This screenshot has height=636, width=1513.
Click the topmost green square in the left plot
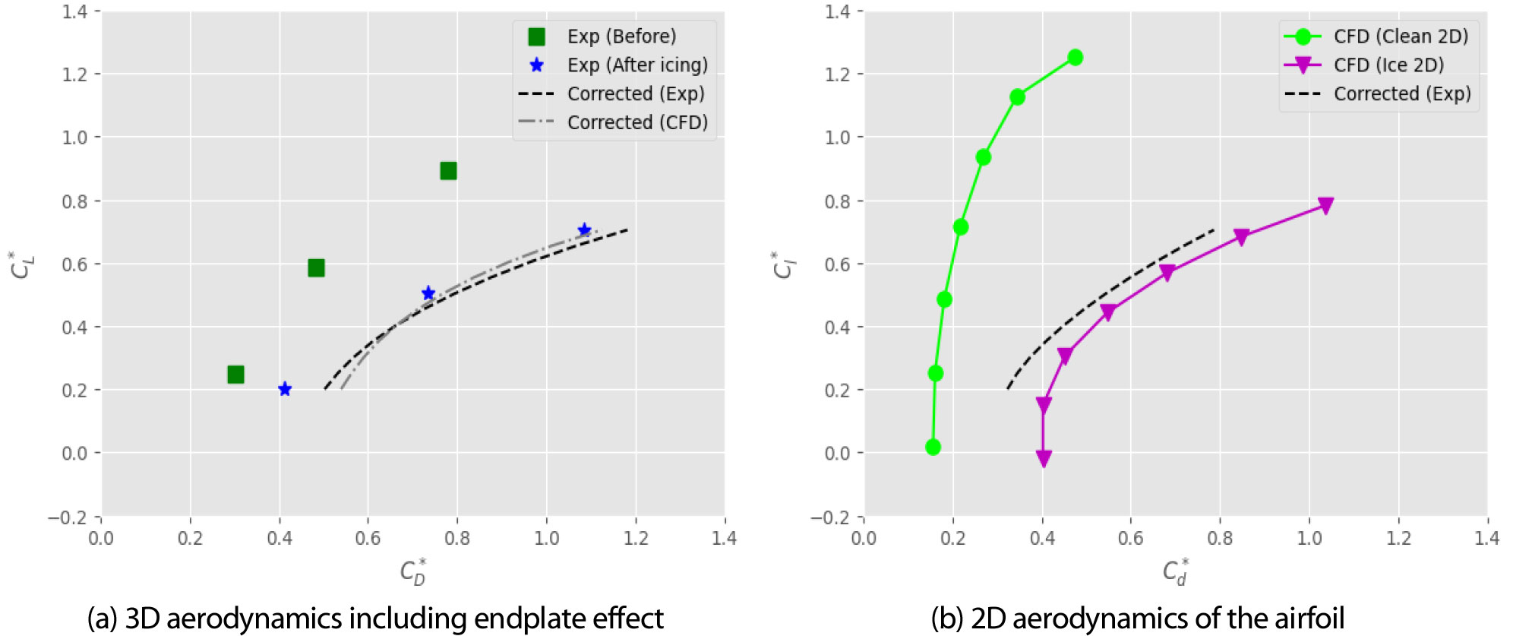448,170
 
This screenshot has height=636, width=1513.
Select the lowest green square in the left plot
235,374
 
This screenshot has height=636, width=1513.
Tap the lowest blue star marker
285,389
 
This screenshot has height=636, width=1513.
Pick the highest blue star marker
584,229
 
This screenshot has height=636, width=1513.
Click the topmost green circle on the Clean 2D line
1075,57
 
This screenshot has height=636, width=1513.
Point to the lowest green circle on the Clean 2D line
933,447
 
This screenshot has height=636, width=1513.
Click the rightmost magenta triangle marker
1325,205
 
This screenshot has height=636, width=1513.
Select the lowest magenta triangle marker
1044,458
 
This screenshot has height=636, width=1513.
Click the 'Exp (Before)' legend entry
621,36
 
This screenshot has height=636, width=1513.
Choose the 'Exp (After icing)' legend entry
636,65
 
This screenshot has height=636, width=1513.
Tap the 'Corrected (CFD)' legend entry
636,122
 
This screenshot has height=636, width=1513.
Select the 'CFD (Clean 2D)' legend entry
1400,36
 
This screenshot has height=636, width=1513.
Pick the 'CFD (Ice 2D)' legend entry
1388,65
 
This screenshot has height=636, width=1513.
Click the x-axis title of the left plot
413,571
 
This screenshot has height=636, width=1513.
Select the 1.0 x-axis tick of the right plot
1309,539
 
